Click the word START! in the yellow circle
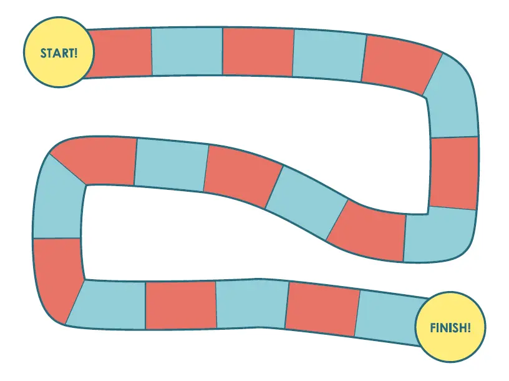tap(59, 53)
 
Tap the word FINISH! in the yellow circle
tap(450, 328)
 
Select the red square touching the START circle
tap(120, 53)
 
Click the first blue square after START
tap(187, 51)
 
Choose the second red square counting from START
tap(258, 52)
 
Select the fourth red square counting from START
tap(454, 172)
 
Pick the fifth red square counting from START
tap(366, 230)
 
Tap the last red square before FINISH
tap(322, 309)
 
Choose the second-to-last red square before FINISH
tap(181, 305)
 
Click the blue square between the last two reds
tap(251, 304)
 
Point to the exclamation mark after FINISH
tap(468, 328)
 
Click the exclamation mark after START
tap(76, 53)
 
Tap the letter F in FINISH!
tap(433, 328)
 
